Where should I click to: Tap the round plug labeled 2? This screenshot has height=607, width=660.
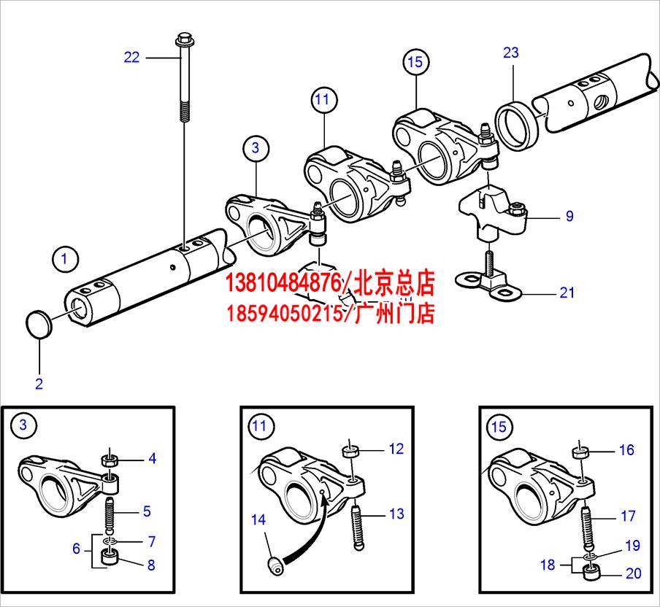37,322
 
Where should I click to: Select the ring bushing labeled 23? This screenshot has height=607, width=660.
518,125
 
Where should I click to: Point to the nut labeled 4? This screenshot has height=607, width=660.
110,461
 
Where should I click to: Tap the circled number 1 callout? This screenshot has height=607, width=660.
64,258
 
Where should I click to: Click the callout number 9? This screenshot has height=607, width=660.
569,216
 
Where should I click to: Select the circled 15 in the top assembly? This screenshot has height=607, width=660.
415,62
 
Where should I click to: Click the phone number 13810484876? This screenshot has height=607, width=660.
284,281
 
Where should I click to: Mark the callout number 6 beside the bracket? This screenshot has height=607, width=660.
76,548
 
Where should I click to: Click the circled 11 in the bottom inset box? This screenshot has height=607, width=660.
260,426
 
